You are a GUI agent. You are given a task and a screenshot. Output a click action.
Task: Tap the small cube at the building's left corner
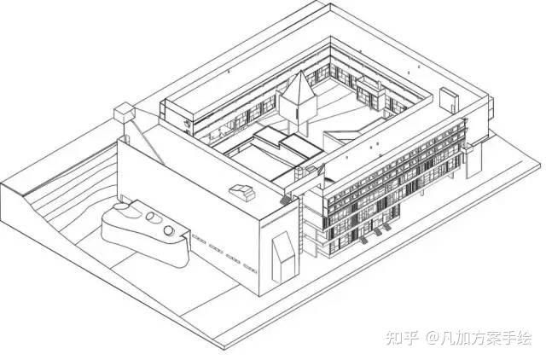pyautogui.click(x=125, y=110)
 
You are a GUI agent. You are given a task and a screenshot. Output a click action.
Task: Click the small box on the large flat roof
pyautogui.click(x=243, y=190)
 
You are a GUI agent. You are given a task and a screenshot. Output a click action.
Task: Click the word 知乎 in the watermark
pyautogui.click(x=401, y=339)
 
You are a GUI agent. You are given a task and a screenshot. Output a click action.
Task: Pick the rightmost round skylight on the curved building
pyautogui.click(x=171, y=229)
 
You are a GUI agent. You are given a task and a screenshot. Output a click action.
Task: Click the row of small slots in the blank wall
pyautogui.click(x=218, y=249)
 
